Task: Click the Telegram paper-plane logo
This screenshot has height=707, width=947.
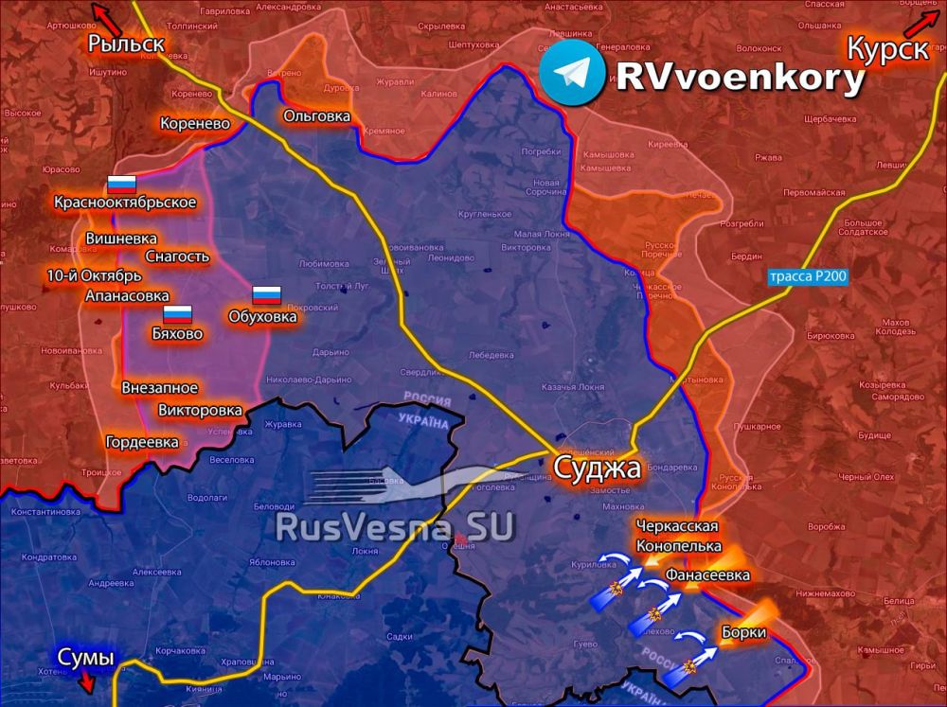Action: [574, 73]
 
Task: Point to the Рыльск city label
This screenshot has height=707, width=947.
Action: [126, 43]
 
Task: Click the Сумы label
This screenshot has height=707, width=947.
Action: [85, 657]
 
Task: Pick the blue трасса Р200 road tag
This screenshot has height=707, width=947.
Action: [808, 276]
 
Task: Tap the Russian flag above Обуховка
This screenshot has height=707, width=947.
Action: [266, 295]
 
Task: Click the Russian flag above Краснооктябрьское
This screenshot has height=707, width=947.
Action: [121, 185]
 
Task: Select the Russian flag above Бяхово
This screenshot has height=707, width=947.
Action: [177, 315]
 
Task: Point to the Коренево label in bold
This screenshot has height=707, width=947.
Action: [194, 123]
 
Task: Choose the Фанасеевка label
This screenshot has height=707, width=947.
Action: [707, 574]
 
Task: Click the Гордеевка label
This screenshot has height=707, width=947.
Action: [142, 442]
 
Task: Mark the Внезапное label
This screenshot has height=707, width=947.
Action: [159, 387]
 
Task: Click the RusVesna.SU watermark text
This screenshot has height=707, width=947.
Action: [394, 526]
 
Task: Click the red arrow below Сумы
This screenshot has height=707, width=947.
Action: [86, 681]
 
